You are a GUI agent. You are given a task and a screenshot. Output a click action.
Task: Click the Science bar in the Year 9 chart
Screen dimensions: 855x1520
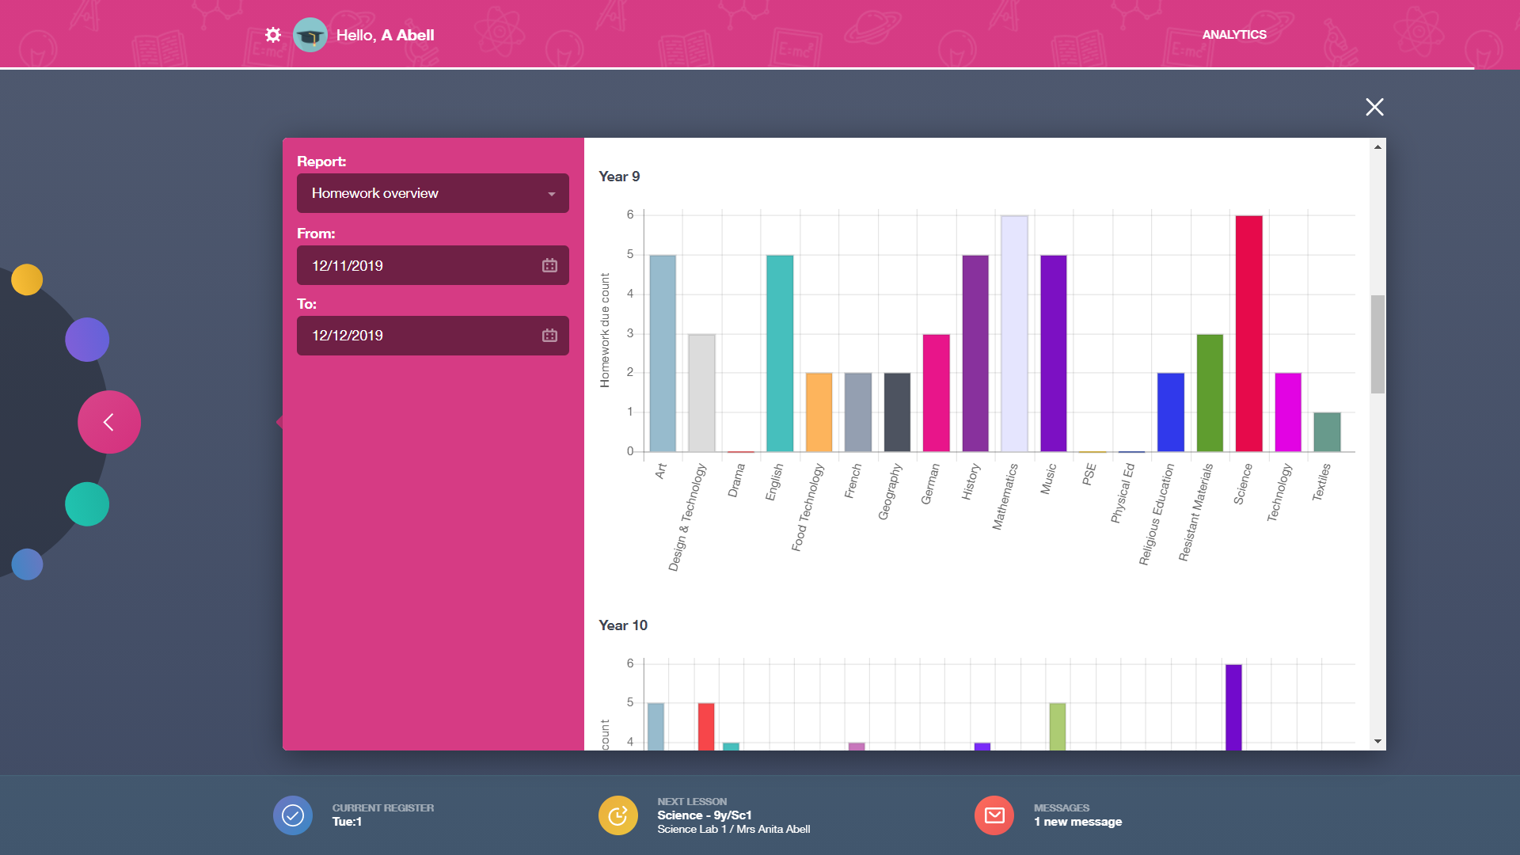(x=1248, y=333)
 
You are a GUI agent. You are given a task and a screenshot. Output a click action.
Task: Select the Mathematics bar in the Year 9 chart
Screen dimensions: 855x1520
(x=1014, y=333)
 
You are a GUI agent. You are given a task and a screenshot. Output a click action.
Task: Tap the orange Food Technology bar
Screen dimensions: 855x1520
(x=819, y=412)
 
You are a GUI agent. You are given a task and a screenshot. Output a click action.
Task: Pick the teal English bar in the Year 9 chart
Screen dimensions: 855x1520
(x=780, y=353)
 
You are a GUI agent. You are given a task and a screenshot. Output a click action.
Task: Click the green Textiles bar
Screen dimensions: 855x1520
(x=1327, y=431)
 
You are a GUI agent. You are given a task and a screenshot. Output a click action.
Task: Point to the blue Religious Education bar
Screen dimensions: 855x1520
(x=1170, y=412)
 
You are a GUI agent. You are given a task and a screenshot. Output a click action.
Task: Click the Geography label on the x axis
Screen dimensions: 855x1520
(x=890, y=492)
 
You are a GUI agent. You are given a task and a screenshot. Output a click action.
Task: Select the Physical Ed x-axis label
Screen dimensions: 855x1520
(x=1123, y=492)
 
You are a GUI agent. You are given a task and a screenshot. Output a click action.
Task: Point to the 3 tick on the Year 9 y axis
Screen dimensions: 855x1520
(x=630, y=333)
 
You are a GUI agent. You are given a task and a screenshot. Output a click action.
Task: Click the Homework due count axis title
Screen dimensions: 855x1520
(x=605, y=330)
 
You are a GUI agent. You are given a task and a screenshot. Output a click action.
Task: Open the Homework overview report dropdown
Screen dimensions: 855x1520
(x=432, y=193)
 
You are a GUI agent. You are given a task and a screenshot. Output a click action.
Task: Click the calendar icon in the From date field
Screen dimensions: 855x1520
(x=549, y=266)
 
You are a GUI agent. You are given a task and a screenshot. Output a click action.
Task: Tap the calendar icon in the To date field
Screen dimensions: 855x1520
(x=549, y=336)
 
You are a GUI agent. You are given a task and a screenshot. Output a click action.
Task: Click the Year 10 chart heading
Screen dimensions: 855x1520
(x=623, y=625)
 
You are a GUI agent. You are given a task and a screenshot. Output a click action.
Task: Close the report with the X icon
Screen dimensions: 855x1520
(x=1374, y=107)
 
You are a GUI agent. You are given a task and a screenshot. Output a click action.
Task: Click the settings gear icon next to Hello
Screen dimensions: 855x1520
(x=273, y=35)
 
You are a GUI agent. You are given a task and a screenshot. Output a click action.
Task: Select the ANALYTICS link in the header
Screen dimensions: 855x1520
(x=1233, y=35)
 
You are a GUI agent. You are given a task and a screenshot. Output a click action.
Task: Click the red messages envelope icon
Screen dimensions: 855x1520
(x=994, y=815)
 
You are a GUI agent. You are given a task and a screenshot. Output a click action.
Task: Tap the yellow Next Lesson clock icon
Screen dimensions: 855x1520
(x=617, y=815)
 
